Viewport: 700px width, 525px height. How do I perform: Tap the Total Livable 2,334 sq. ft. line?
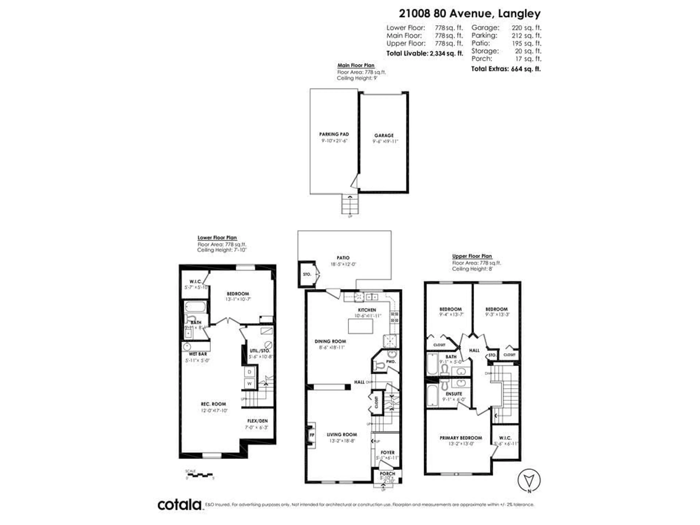click(424, 53)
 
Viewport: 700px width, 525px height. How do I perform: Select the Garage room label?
click(384, 135)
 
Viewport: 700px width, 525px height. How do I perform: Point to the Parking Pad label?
click(334, 134)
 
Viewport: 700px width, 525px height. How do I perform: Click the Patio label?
click(343, 258)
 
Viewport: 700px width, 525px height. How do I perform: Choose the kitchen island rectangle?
click(360, 326)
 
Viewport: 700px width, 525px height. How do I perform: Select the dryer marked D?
click(249, 372)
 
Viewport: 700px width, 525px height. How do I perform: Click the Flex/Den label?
click(257, 421)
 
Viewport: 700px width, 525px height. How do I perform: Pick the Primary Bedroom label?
click(461, 438)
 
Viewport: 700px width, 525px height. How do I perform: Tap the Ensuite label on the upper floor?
click(454, 394)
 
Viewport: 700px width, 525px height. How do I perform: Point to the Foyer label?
click(387, 452)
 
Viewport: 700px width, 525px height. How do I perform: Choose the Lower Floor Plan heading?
click(217, 238)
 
